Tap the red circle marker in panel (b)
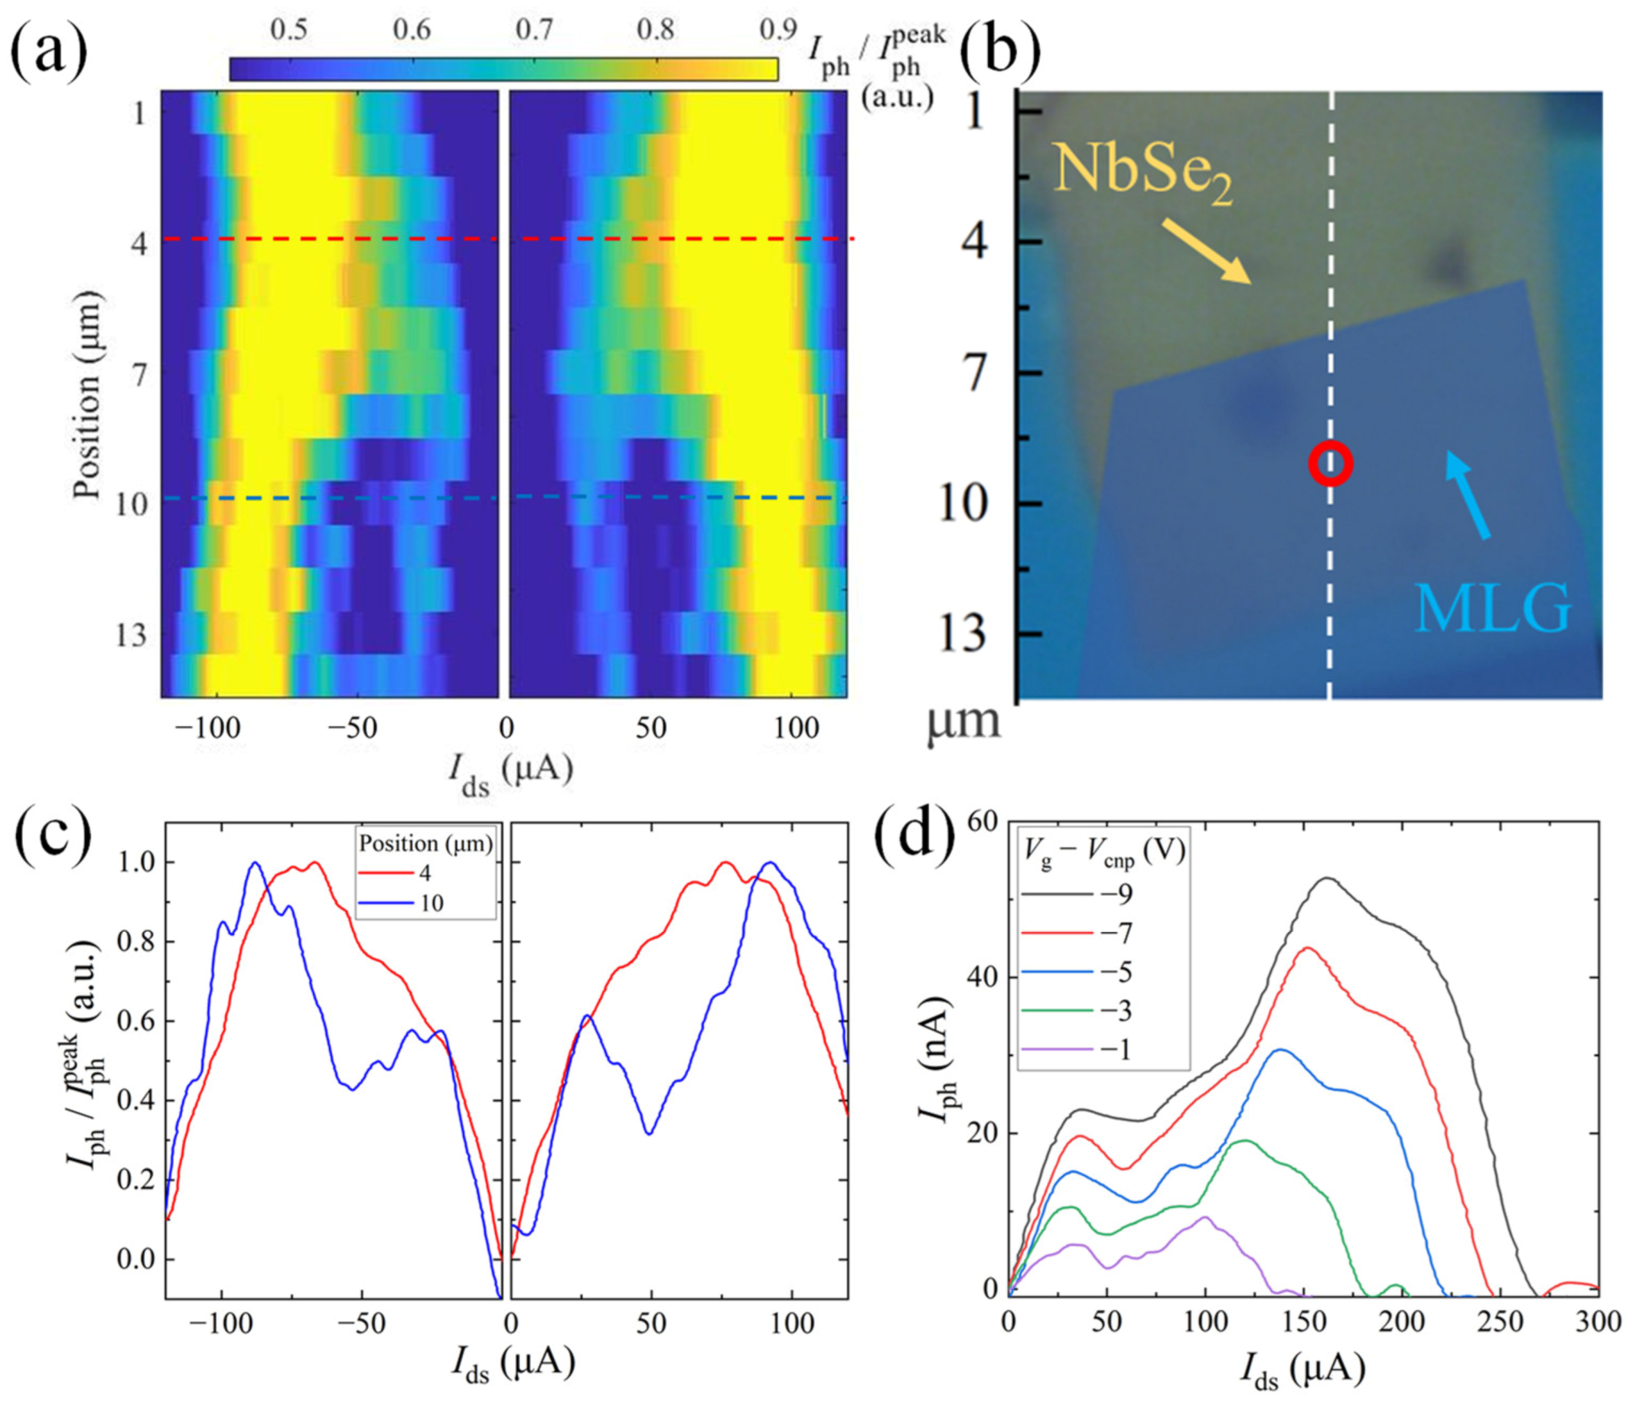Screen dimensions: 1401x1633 (x=1331, y=464)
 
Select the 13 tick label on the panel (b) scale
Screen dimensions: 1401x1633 (x=968, y=633)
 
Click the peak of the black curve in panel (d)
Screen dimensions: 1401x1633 (x=1326, y=878)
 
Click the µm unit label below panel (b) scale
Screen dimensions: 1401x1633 (x=963, y=721)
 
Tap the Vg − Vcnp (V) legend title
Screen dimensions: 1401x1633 (x=1103, y=852)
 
